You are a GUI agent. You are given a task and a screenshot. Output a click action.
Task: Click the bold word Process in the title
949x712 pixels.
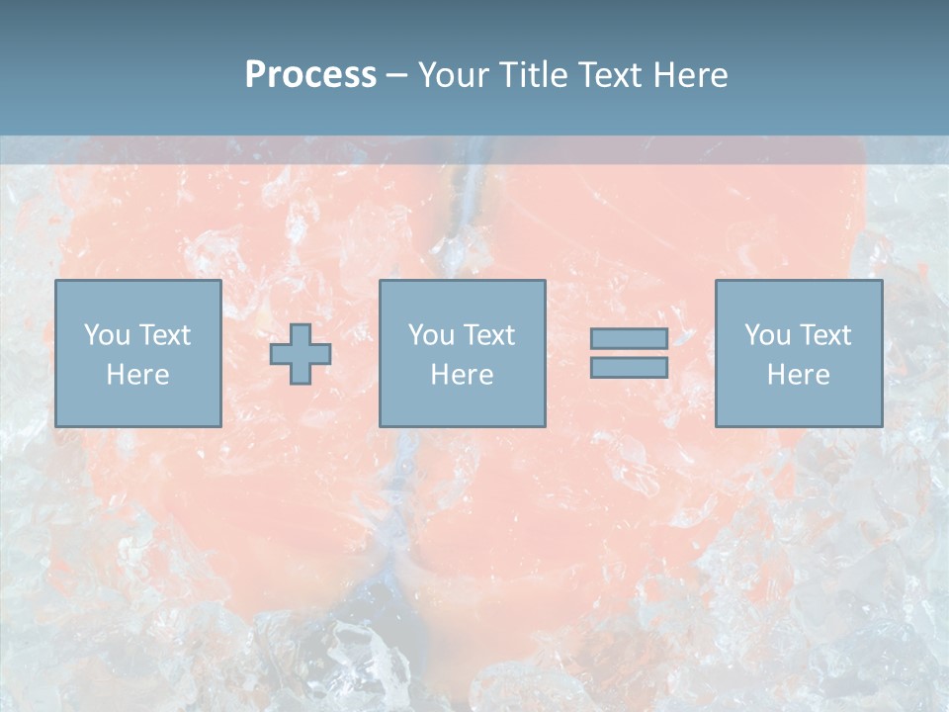(x=310, y=75)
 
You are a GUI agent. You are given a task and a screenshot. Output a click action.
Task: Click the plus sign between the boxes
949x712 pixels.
(x=301, y=354)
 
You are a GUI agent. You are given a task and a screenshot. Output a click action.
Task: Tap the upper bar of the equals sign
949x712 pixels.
(x=629, y=339)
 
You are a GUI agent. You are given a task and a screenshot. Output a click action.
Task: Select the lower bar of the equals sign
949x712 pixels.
(x=629, y=367)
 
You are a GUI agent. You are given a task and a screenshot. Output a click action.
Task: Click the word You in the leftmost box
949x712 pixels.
(x=106, y=335)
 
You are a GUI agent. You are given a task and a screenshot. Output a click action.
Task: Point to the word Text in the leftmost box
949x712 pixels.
(x=163, y=335)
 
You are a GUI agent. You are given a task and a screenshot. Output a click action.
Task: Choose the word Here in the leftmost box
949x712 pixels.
(x=137, y=375)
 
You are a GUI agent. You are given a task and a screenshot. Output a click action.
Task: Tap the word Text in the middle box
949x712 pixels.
(x=488, y=335)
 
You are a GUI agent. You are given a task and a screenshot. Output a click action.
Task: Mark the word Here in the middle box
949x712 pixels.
(x=462, y=375)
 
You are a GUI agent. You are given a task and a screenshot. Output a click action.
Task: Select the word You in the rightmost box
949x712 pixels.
(x=767, y=335)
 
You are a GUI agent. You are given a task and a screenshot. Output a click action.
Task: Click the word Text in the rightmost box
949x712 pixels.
(x=824, y=335)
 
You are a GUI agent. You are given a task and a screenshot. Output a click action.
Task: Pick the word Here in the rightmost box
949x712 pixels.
(x=798, y=375)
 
